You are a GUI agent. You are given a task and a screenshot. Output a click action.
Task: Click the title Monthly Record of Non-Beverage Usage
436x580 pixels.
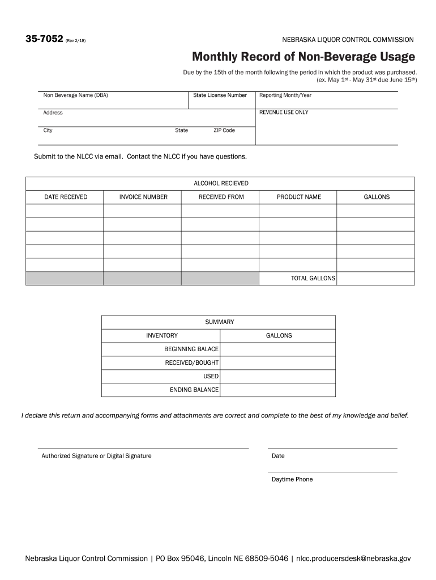click(x=303, y=57)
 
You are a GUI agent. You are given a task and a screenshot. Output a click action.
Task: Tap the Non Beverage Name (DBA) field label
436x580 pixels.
click(x=75, y=95)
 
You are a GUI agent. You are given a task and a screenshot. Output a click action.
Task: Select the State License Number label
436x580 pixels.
click(x=220, y=95)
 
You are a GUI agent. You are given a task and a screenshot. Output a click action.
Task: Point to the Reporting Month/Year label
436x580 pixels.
click(x=285, y=95)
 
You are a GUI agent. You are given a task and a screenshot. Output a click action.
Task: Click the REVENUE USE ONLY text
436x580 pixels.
click(x=284, y=112)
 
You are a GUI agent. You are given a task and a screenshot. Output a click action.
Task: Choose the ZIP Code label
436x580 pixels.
click(x=224, y=130)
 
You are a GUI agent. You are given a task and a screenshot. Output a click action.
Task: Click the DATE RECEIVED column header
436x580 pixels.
click(x=66, y=197)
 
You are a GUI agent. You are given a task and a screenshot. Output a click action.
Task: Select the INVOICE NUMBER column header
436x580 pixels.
click(x=143, y=197)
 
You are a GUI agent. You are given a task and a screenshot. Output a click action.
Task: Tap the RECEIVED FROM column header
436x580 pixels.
click(x=221, y=197)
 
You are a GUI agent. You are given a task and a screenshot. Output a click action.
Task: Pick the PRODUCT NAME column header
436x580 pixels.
click(x=298, y=197)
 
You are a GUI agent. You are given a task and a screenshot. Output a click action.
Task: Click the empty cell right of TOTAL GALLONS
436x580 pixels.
click(x=375, y=278)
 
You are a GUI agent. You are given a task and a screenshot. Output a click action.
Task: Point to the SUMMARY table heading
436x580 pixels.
click(x=219, y=322)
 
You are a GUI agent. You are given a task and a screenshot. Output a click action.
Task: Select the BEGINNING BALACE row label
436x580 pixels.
click(x=191, y=349)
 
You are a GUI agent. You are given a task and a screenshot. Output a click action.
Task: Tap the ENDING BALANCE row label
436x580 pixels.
click(x=194, y=390)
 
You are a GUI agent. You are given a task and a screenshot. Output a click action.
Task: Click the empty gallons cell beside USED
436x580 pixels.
click(x=277, y=376)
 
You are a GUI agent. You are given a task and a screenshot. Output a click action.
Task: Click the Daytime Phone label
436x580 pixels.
click(x=292, y=479)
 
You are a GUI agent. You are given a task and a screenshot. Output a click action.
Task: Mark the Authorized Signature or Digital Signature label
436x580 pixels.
click(x=96, y=456)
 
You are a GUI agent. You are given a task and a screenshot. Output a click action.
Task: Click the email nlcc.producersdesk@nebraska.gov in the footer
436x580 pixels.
click(x=353, y=558)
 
